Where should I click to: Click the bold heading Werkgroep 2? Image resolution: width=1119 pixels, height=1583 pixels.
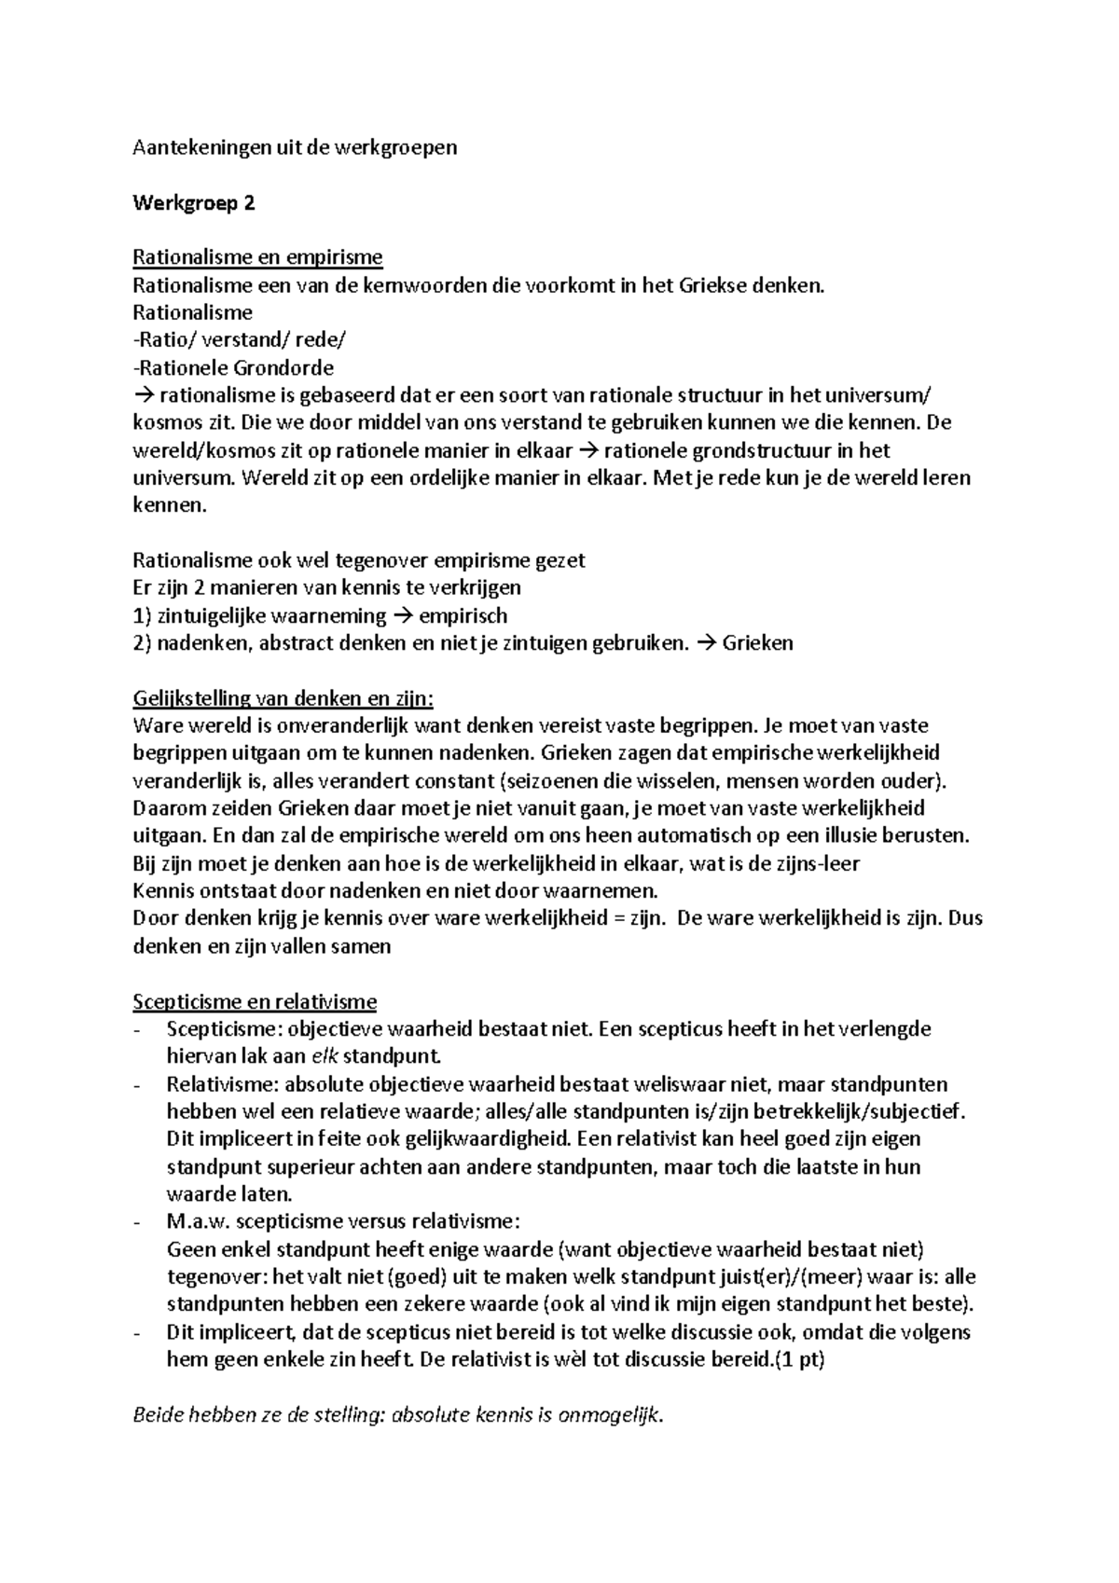click(194, 203)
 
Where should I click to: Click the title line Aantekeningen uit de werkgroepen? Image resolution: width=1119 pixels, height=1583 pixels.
click(295, 148)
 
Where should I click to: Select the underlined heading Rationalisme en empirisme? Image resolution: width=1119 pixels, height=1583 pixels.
click(257, 257)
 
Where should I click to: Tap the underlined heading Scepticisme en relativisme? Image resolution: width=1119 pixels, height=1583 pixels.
click(255, 1002)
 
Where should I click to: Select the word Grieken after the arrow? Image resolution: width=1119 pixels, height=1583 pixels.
click(758, 643)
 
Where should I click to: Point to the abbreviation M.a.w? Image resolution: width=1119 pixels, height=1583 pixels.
click(198, 1222)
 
